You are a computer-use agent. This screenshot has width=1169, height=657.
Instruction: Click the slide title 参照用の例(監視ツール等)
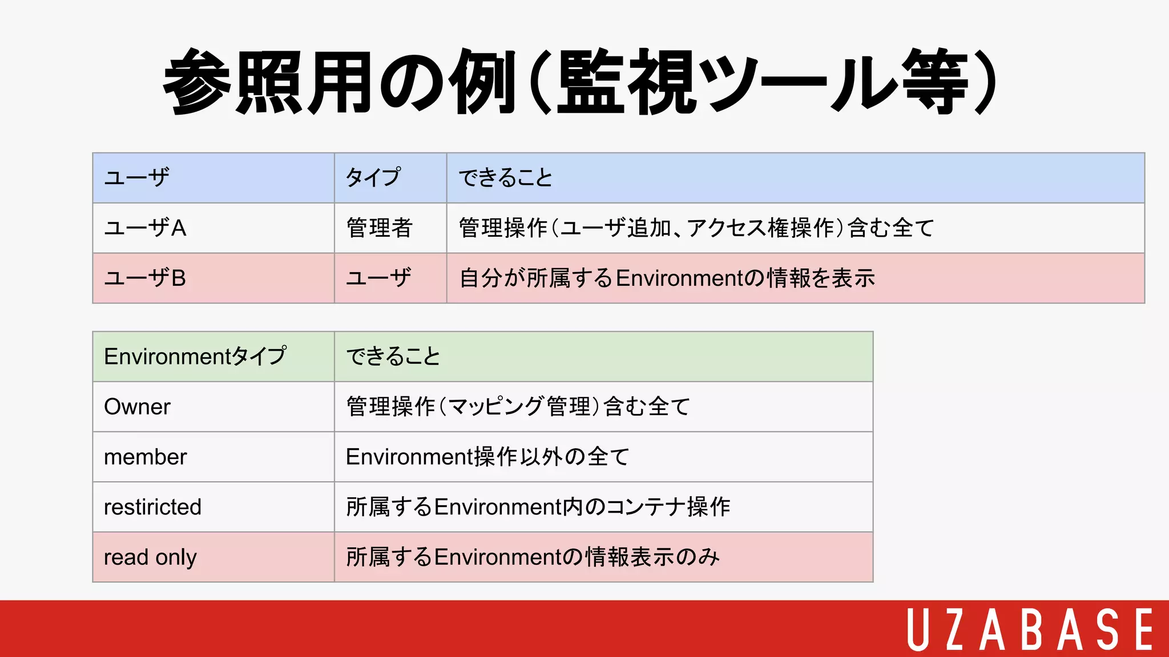pos(580,82)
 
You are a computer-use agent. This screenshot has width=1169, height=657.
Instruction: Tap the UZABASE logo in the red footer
pos(1030,629)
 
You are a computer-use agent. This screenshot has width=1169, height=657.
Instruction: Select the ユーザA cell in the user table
pos(146,228)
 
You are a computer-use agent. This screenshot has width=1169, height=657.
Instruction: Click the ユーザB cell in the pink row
pos(146,278)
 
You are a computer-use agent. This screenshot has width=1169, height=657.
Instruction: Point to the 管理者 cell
pos(379,228)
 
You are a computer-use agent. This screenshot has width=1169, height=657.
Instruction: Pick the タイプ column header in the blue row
pos(373,178)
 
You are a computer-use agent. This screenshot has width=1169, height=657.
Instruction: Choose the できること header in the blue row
pos(506,178)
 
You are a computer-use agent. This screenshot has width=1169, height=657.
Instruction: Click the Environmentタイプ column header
pos(195,356)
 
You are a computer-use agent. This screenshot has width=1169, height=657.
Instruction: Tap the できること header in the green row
pos(394,356)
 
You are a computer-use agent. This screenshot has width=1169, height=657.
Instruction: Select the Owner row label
pos(138,407)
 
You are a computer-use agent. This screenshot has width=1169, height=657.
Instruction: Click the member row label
pos(146,457)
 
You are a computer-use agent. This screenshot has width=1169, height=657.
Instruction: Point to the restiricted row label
pos(153,507)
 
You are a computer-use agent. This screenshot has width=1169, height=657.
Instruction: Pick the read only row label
pos(150,557)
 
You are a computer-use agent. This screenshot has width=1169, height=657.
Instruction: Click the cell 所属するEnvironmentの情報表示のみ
pos(533,557)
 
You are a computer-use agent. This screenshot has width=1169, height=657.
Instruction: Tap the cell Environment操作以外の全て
pos(487,457)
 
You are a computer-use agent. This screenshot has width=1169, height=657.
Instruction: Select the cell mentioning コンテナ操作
pos(538,507)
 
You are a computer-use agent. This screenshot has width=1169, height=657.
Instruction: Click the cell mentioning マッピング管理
pos(518,407)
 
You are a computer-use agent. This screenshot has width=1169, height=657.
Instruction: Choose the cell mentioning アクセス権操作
pos(696,228)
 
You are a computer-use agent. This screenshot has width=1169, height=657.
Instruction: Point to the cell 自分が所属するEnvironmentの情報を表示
pos(667,278)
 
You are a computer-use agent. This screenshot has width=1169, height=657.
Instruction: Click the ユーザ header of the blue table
pos(137,178)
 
